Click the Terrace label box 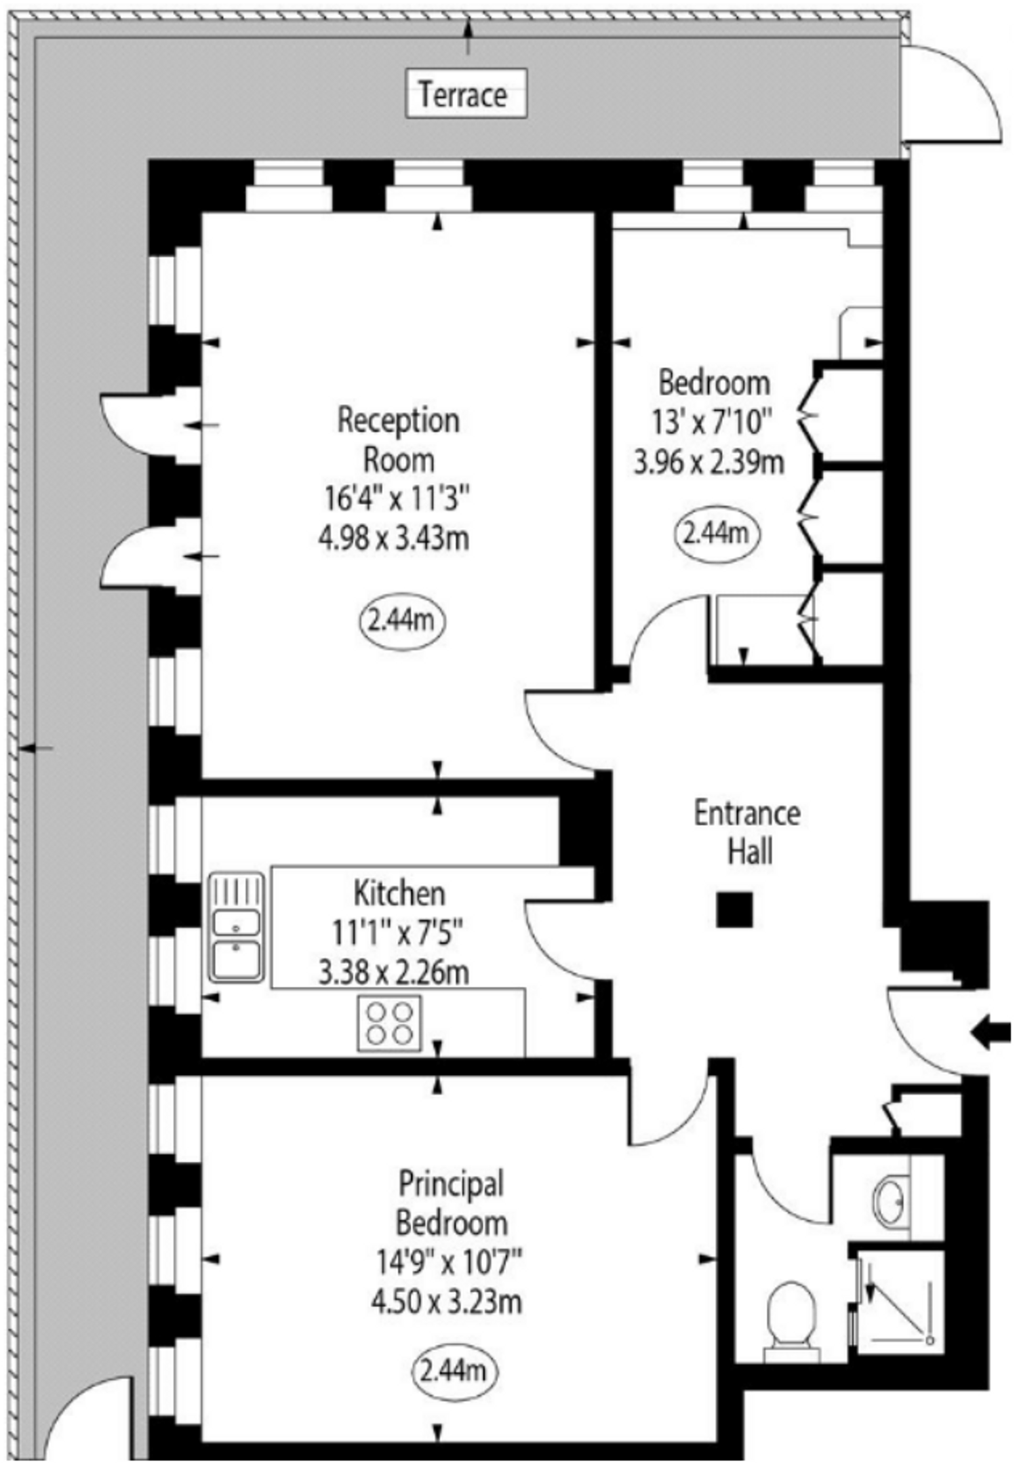[x=466, y=94]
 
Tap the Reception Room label [x=398, y=440]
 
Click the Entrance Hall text [x=747, y=832]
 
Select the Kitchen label [x=399, y=893]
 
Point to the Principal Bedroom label [x=451, y=1203]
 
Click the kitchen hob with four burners [x=389, y=1023]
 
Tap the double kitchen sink [x=235, y=927]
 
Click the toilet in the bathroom [x=791, y=1317]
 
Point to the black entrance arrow [x=991, y=1033]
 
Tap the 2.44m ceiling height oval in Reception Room [x=401, y=621]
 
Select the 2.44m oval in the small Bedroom [x=717, y=534]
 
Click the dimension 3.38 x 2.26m [x=394, y=973]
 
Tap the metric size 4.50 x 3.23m [x=447, y=1302]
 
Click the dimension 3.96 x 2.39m [x=709, y=463]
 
